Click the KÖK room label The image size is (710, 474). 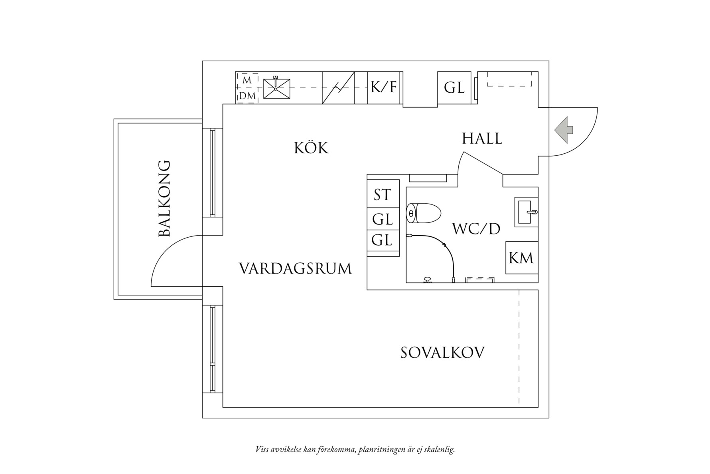(x=311, y=148)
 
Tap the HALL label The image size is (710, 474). (x=482, y=139)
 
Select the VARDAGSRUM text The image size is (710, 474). (x=296, y=268)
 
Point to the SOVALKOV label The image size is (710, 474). (x=442, y=353)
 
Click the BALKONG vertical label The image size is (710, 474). (x=164, y=198)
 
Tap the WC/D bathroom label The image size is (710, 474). (x=476, y=229)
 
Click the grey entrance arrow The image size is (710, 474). (x=563, y=129)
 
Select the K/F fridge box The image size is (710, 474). (x=384, y=87)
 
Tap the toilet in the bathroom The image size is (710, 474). (x=423, y=213)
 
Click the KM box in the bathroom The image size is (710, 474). (x=521, y=258)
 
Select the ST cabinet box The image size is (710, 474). (x=383, y=195)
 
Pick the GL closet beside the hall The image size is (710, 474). (x=454, y=87)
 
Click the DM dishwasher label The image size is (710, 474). (x=247, y=96)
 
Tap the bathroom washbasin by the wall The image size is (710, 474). (x=526, y=212)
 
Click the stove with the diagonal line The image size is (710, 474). (x=338, y=87)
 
